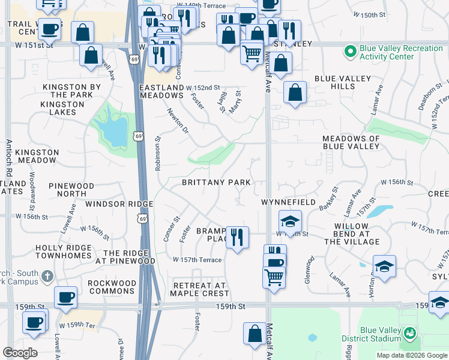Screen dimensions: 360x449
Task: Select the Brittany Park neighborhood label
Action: pos(216,182)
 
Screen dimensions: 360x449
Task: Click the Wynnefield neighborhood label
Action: pos(288,203)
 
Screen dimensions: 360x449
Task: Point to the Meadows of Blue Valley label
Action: pos(351,142)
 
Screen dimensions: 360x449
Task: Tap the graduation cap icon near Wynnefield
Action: pos(289,221)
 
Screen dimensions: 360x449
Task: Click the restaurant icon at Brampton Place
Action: pos(237,237)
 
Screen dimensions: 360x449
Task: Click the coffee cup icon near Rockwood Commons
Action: pos(65,296)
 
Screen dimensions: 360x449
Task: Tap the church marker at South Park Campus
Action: pos(47,277)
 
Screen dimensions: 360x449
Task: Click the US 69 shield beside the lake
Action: pos(139,138)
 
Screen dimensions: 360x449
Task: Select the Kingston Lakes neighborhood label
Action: pos(62,109)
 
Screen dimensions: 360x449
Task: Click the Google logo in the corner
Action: pos(20,353)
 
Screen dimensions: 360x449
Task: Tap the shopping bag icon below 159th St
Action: pos(255,334)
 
